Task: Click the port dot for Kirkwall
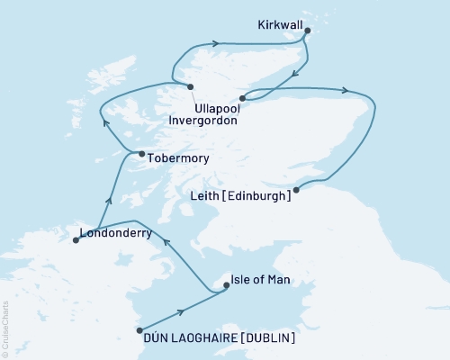[x=308, y=31]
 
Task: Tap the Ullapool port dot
[x=191, y=86]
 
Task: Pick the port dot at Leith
[x=296, y=188]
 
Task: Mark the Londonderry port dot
[x=75, y=240]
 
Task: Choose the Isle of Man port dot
[x=225, y=287]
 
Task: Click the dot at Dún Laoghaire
[x=138, y=329]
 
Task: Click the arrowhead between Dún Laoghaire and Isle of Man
[x=184, y=310]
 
